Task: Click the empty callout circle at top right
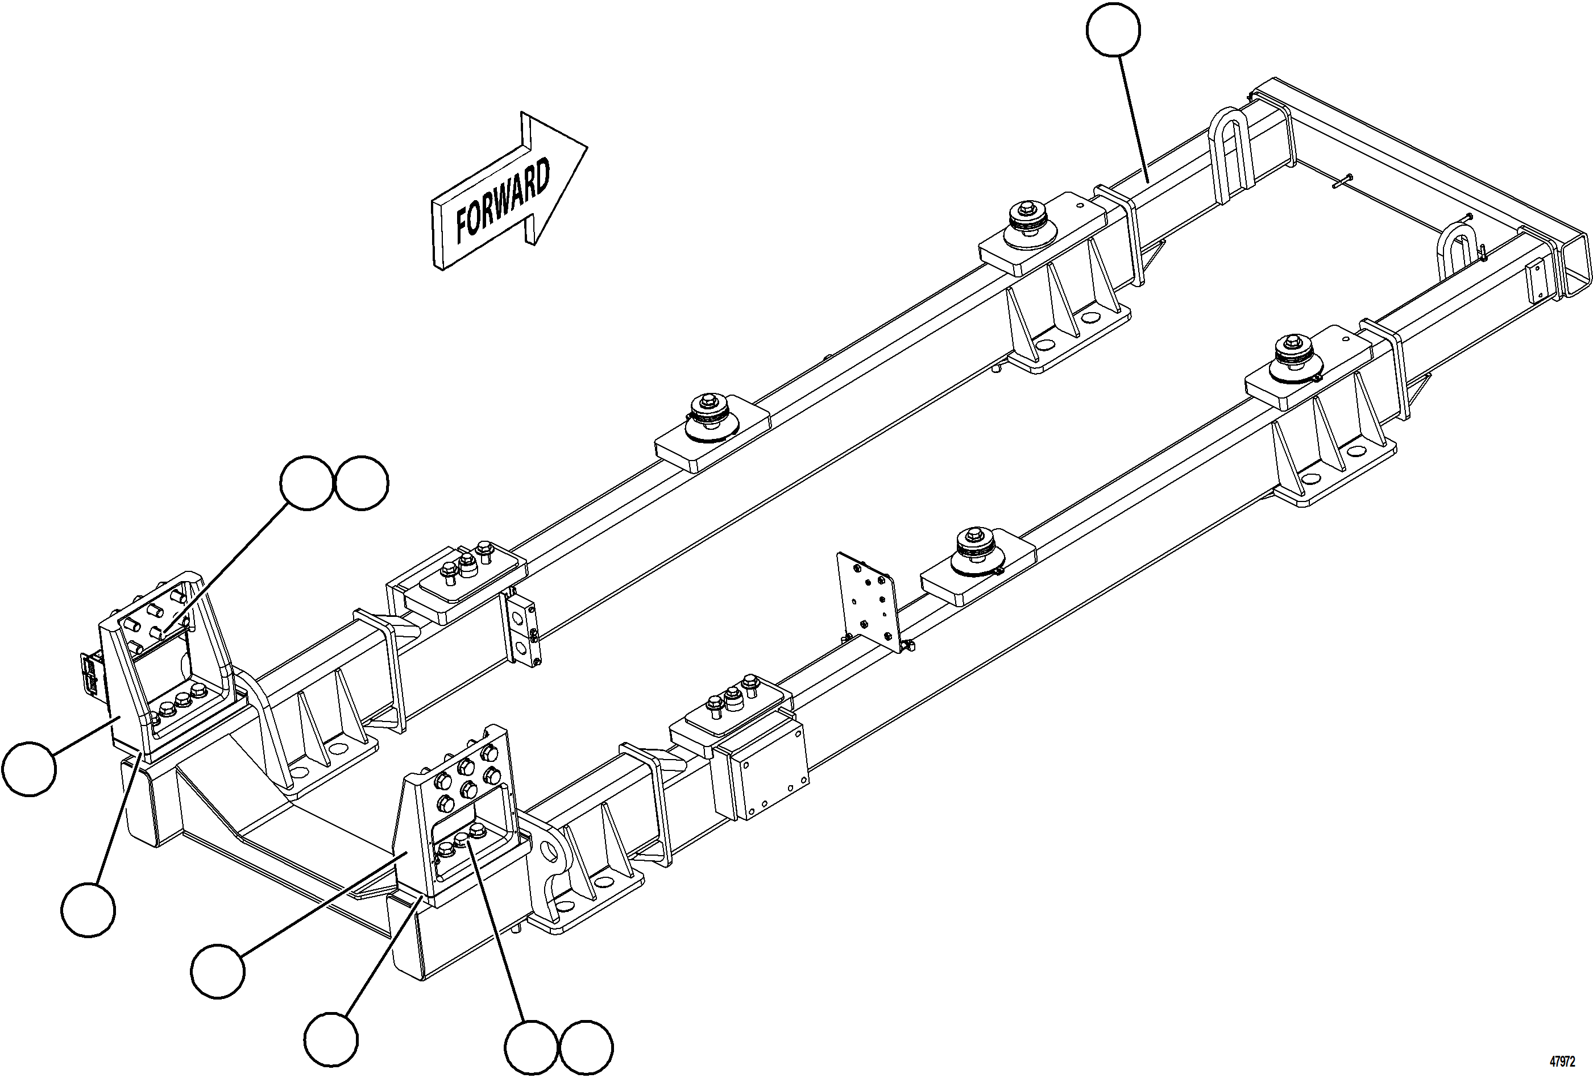1113,30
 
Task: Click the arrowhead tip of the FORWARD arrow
586,146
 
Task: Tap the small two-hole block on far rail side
526,629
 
